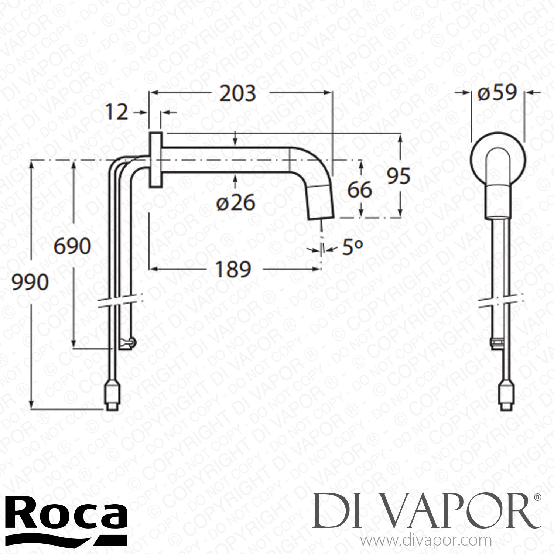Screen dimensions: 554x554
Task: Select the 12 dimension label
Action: tap(116, 112)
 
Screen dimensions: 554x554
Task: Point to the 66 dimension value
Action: tap(359, 190)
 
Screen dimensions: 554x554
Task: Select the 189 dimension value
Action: tap(233, 269)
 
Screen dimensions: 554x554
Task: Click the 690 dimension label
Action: tap(72, 246)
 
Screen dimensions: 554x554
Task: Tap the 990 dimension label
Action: tap(30, 283)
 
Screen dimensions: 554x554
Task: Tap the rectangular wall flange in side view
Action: tap(155, 160)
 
